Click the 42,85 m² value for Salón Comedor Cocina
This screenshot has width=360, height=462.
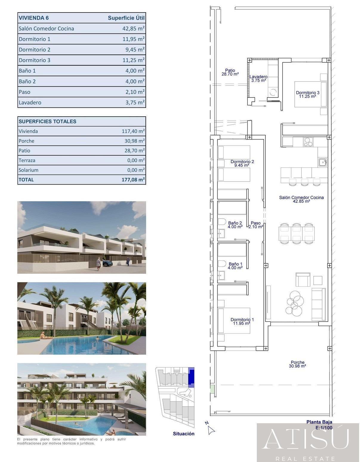click(x=133, y=29)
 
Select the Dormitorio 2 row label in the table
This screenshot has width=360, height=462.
click(x=35, y=50)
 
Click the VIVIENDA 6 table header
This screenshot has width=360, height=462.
click(x=34, y=18)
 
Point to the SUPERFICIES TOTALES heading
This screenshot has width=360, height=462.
click(x=47, y=121)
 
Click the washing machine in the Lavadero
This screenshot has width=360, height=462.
click(x=273, y=92)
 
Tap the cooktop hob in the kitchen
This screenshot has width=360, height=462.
click(x=308, y=142)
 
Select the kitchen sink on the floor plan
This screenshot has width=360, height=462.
click(x=322, y=162)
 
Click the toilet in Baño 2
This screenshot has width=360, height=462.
click(x=221, y=222)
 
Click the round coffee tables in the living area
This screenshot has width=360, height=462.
click(x=294, y=303)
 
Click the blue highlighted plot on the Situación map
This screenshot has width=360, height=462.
click(x=191, y=377)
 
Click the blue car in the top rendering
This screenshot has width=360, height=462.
click(x=107, y=263)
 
